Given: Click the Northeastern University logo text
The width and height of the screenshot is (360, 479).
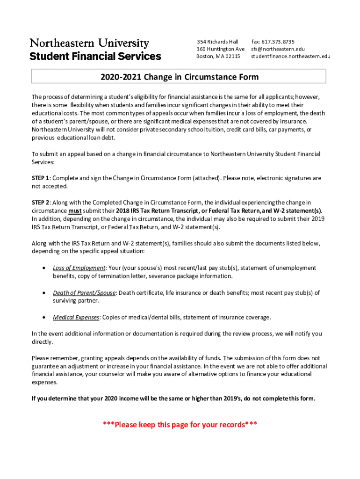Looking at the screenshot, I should (x=89, y=44).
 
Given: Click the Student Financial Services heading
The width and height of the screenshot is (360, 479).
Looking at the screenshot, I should (x=95, y=57).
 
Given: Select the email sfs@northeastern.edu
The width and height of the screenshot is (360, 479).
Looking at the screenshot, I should (x=278, y=49).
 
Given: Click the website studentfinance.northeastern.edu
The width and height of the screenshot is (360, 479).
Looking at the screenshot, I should (x=290, y=57).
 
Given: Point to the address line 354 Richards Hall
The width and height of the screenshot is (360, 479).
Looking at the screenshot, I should (x=217, y=42).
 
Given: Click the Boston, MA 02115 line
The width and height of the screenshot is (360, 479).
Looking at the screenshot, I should (x=218, y=57).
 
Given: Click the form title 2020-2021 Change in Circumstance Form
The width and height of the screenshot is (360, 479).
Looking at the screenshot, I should (x=179, y=77).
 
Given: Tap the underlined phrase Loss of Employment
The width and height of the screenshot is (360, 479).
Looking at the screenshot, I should (x=79, y=268).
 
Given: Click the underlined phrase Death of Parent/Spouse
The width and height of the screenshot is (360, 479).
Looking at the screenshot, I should (x=84, y=293).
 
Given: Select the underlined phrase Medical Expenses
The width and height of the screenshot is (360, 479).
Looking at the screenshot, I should (x=76, y=318).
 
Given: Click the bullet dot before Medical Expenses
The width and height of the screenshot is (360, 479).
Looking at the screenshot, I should (x=43, y=318).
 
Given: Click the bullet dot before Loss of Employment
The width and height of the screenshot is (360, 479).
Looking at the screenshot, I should (x=43, y=268).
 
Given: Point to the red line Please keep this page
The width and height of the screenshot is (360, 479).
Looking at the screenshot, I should (x=180, y=425).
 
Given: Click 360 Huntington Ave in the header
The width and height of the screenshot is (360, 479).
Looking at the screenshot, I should (x=220, y=49).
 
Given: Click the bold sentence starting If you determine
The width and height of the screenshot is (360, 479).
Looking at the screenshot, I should (x=173, y=399).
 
